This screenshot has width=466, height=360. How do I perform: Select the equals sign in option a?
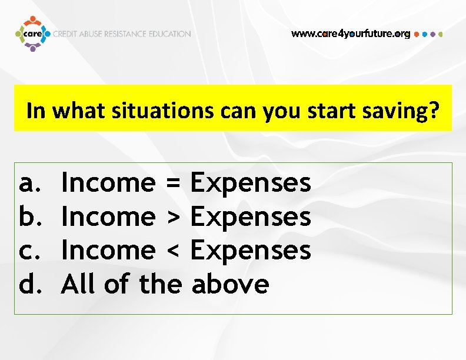point(172,184)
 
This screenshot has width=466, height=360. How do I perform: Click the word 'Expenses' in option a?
point(251,184)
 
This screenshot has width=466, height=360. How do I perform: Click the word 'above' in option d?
point(231,285)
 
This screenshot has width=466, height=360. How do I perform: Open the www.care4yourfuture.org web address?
point(351,34)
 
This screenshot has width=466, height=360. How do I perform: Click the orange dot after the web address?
point(417,34)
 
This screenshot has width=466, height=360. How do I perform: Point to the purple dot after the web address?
point(433,34)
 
